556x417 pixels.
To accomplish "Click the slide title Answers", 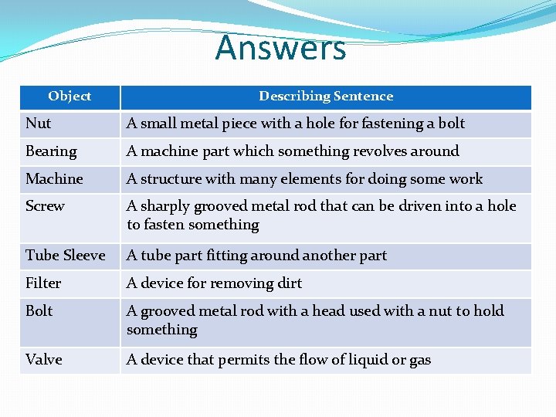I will (280, 48).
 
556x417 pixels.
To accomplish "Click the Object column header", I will (69, 97).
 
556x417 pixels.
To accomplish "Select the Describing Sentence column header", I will (326, 97).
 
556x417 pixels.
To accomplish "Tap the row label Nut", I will (38, 124).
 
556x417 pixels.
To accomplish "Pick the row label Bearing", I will (51, 151).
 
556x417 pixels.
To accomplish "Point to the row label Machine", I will (54, 179).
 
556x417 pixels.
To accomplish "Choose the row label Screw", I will (45, 206).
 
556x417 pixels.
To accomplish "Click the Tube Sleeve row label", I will (65, 256).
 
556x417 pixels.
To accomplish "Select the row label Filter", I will (43, 283).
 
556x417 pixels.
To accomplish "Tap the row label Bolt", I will (39, 311).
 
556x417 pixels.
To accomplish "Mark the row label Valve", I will (44, 360).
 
